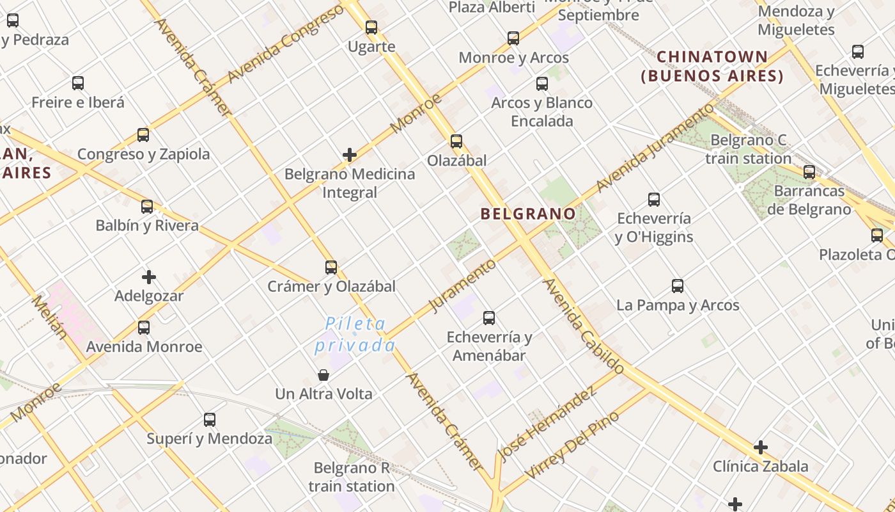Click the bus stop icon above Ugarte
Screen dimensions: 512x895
[x=371, y=28]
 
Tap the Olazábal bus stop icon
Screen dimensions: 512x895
[x=456, y=141]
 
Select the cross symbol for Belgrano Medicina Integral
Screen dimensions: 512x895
[x=350, y=155]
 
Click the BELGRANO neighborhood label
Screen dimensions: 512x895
[x=528, y=214]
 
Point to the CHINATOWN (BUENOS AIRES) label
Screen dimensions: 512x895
[x=712, y=67]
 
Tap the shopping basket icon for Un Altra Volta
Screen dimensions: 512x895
[x=323, y=374]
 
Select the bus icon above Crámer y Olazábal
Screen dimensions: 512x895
[x=331, y=268]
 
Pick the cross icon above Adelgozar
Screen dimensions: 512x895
[x=149, y=277]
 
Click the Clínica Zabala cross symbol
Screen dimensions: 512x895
[x=761, y=447]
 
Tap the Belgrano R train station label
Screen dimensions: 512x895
[x=352, y=477]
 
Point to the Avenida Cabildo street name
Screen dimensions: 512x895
[x=583, y=326]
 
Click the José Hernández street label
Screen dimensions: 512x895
[x=546, y=425]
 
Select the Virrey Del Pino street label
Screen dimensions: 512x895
[x=572, y=445]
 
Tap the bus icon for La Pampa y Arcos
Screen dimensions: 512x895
[x=678, y=286]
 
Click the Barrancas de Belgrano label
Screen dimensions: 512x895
[x=809, y=200]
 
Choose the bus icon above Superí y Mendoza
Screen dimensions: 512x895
[x=210, y=420]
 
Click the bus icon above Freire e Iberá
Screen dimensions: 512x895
[x=78, y=83]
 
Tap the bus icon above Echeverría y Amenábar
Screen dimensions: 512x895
[x=489, y=317]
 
